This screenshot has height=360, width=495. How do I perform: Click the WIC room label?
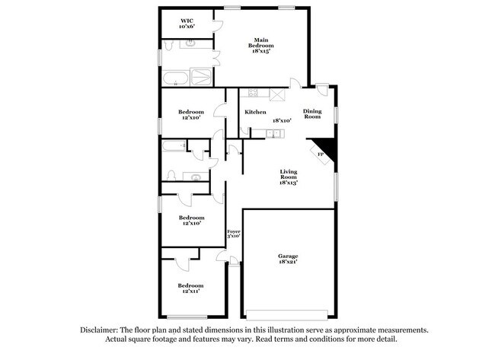187,20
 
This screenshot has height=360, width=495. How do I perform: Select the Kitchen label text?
255,113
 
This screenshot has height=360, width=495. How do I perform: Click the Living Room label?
288,174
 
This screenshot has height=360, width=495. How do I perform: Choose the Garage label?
288,256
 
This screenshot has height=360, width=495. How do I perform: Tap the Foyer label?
233,230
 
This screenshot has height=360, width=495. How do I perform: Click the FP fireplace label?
321,155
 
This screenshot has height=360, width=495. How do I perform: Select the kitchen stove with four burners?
254,94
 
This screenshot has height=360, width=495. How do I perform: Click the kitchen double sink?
273,135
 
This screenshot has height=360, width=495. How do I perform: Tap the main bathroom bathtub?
176,77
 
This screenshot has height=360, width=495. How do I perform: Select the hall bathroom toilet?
172,176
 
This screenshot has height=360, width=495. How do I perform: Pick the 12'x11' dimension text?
192,291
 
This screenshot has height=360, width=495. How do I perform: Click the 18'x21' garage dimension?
288,263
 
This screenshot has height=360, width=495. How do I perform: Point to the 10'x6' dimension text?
187,26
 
